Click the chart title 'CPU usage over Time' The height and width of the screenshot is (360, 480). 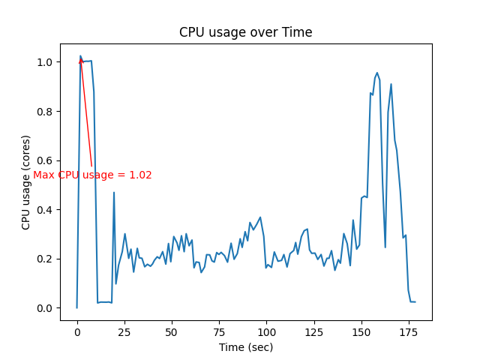245,33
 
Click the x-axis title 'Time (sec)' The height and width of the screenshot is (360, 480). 245,347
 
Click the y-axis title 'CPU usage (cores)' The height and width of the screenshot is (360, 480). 26,182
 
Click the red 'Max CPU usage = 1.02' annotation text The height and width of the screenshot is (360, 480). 92,175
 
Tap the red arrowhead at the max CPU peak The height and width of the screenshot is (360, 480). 81,61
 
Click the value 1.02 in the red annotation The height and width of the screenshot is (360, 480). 141,175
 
